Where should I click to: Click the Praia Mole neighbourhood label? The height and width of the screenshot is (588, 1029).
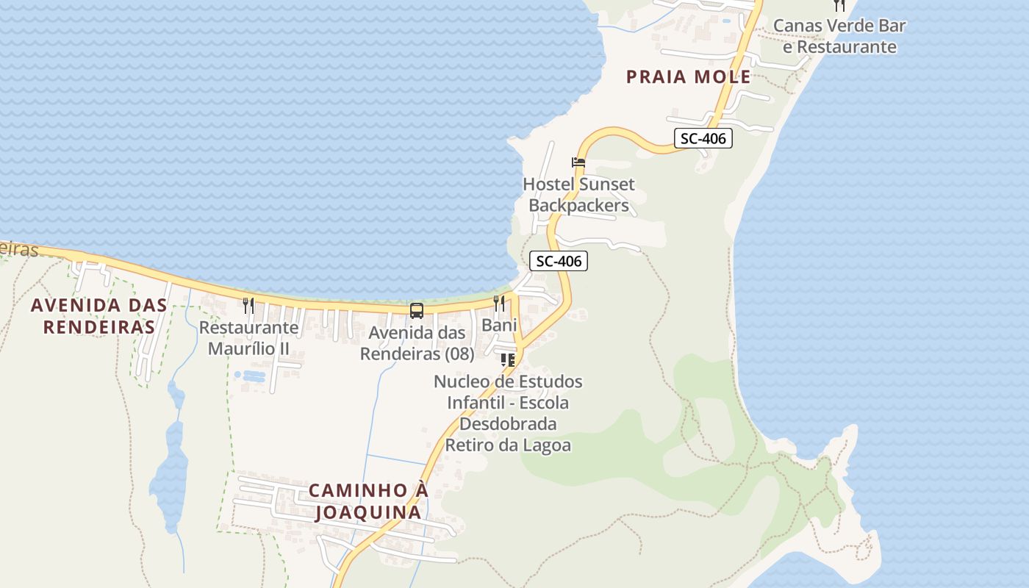[688, 76]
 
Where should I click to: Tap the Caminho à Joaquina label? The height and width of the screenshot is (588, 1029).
[367, 501]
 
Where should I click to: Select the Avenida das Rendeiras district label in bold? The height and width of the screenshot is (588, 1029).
[98, 315]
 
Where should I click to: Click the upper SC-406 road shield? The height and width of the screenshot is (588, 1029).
[703, 137]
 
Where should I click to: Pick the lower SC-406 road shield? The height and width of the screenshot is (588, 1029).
[559, 261]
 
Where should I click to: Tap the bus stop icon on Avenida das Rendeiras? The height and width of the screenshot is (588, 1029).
[417, 310]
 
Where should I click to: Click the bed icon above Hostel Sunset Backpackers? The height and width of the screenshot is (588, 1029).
[578, 162]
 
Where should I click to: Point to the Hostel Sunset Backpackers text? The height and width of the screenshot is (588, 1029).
[578, 195]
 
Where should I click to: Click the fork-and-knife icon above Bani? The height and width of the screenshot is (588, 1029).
[499, 303]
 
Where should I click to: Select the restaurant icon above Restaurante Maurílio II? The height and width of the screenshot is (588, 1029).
[248, 306]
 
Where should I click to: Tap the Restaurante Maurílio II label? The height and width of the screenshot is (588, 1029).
[248, 338]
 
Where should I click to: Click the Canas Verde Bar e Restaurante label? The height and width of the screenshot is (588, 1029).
[839, 36]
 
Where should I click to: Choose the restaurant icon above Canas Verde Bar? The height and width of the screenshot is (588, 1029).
[839, 5]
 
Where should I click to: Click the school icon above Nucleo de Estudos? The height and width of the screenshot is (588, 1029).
[507, 360]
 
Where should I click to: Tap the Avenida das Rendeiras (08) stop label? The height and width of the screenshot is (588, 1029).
[417, 343]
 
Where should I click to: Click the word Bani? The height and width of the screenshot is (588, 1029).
[499, 325]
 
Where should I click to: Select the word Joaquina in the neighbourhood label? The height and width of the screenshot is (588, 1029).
[367, 512]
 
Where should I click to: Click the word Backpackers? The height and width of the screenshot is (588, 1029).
[578, 206]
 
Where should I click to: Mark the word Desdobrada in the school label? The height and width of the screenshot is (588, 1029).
[508, 424]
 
